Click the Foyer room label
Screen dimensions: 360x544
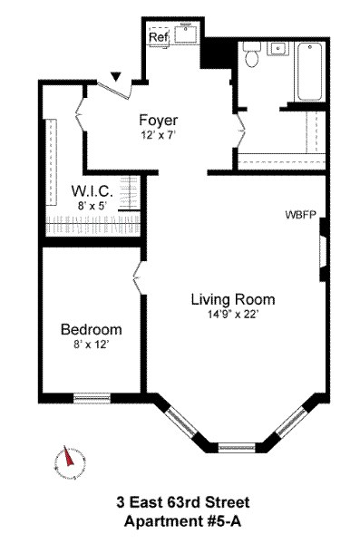pyautogui.click(x=159, y=120)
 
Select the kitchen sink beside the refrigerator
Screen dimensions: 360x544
pyautogui.click(x=186, y=34)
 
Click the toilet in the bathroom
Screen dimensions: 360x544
pyautogui.click(x=251, y=54)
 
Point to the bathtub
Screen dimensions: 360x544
pyautogui.click(x=309, y=72)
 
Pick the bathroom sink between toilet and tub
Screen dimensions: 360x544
pyautogui.click(x=278, y=49)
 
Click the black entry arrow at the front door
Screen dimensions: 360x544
pyautogui.click(x=117, y=77)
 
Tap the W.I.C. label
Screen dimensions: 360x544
pyautogui.click(x=92, y=191)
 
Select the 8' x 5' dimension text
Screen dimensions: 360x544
pyautogui.click(x=92, y=206)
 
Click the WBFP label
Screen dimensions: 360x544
pyautogui.click(x=301, y=215)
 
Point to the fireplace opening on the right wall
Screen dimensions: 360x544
pyautogui.click(x=323, y=250)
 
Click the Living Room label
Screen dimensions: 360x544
pyautogui.click(x=233, y=299)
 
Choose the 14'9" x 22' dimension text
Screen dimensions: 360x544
pyautogui.click(x=233, y=315)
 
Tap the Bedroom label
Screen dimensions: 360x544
pyautogui.click(x=92, y=329)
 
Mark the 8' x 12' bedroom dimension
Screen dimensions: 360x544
pyautogui.click(x=92, y=345)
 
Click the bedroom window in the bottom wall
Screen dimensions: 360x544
pyautogui.click(x=92, y=398)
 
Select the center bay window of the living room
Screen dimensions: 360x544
pyautogui.click(x=237, y=447)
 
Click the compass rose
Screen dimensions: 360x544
pyautogui.click(x=70, y=462)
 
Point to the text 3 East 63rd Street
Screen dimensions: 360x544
pyautogui.click(x=183, y=502)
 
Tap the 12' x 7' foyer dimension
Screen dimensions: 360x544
pyautogui.click(x=159, y=135)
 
